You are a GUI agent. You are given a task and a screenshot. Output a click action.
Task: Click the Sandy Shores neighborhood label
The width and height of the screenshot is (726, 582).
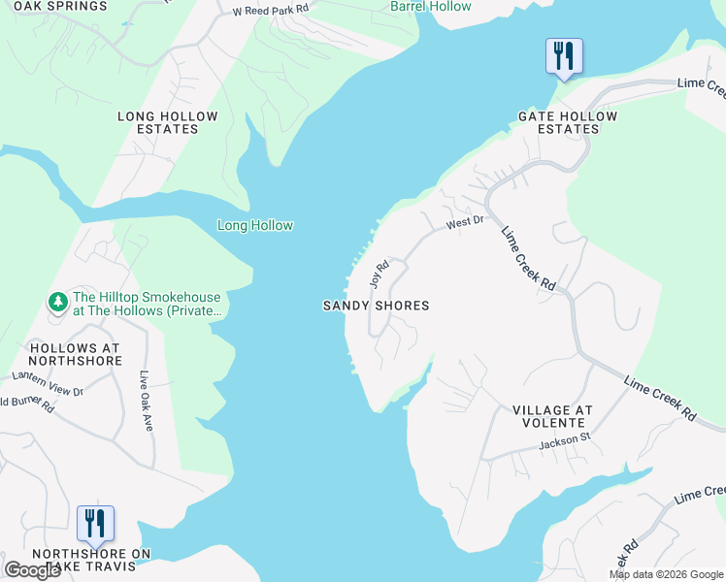(376, 306)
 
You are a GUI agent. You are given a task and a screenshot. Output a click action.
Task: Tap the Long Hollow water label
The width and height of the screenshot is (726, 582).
(254, 226)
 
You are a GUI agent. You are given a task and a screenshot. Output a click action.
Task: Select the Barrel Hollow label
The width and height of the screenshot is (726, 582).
(430, 7)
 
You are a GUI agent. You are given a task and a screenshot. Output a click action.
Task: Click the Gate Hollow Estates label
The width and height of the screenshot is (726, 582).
(568, 122)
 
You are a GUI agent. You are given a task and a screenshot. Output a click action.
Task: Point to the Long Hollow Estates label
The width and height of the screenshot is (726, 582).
(168, 122)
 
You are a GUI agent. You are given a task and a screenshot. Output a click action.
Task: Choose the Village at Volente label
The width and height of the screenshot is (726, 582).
(551, 416)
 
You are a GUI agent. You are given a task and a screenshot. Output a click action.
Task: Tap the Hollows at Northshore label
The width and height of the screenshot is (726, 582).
(76, 354)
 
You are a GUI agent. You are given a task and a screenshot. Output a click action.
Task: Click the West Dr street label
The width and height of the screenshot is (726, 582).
(465, 223)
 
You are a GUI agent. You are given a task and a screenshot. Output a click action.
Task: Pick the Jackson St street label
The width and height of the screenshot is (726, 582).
(565, 445)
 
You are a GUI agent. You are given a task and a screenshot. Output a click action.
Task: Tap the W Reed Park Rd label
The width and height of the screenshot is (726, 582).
(271, 10)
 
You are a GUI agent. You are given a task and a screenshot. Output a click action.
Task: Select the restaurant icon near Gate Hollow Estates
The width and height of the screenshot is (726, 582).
(564, 55)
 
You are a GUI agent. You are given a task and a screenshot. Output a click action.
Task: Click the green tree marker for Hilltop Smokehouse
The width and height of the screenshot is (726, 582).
(58, 302)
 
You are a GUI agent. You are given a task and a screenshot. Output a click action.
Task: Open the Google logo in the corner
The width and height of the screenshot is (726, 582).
(32, 570)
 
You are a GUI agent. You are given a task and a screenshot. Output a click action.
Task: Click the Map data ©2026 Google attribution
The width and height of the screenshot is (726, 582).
(666, 574)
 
